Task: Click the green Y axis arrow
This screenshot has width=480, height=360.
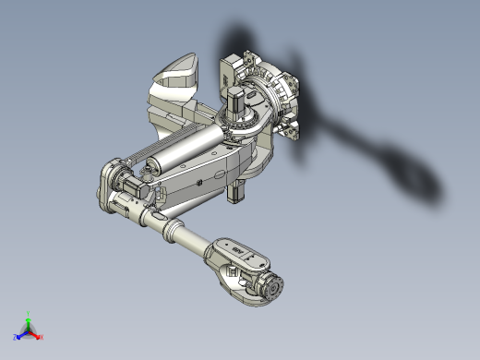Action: [29, 317]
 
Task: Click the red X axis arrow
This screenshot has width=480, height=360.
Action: [39, 336]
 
